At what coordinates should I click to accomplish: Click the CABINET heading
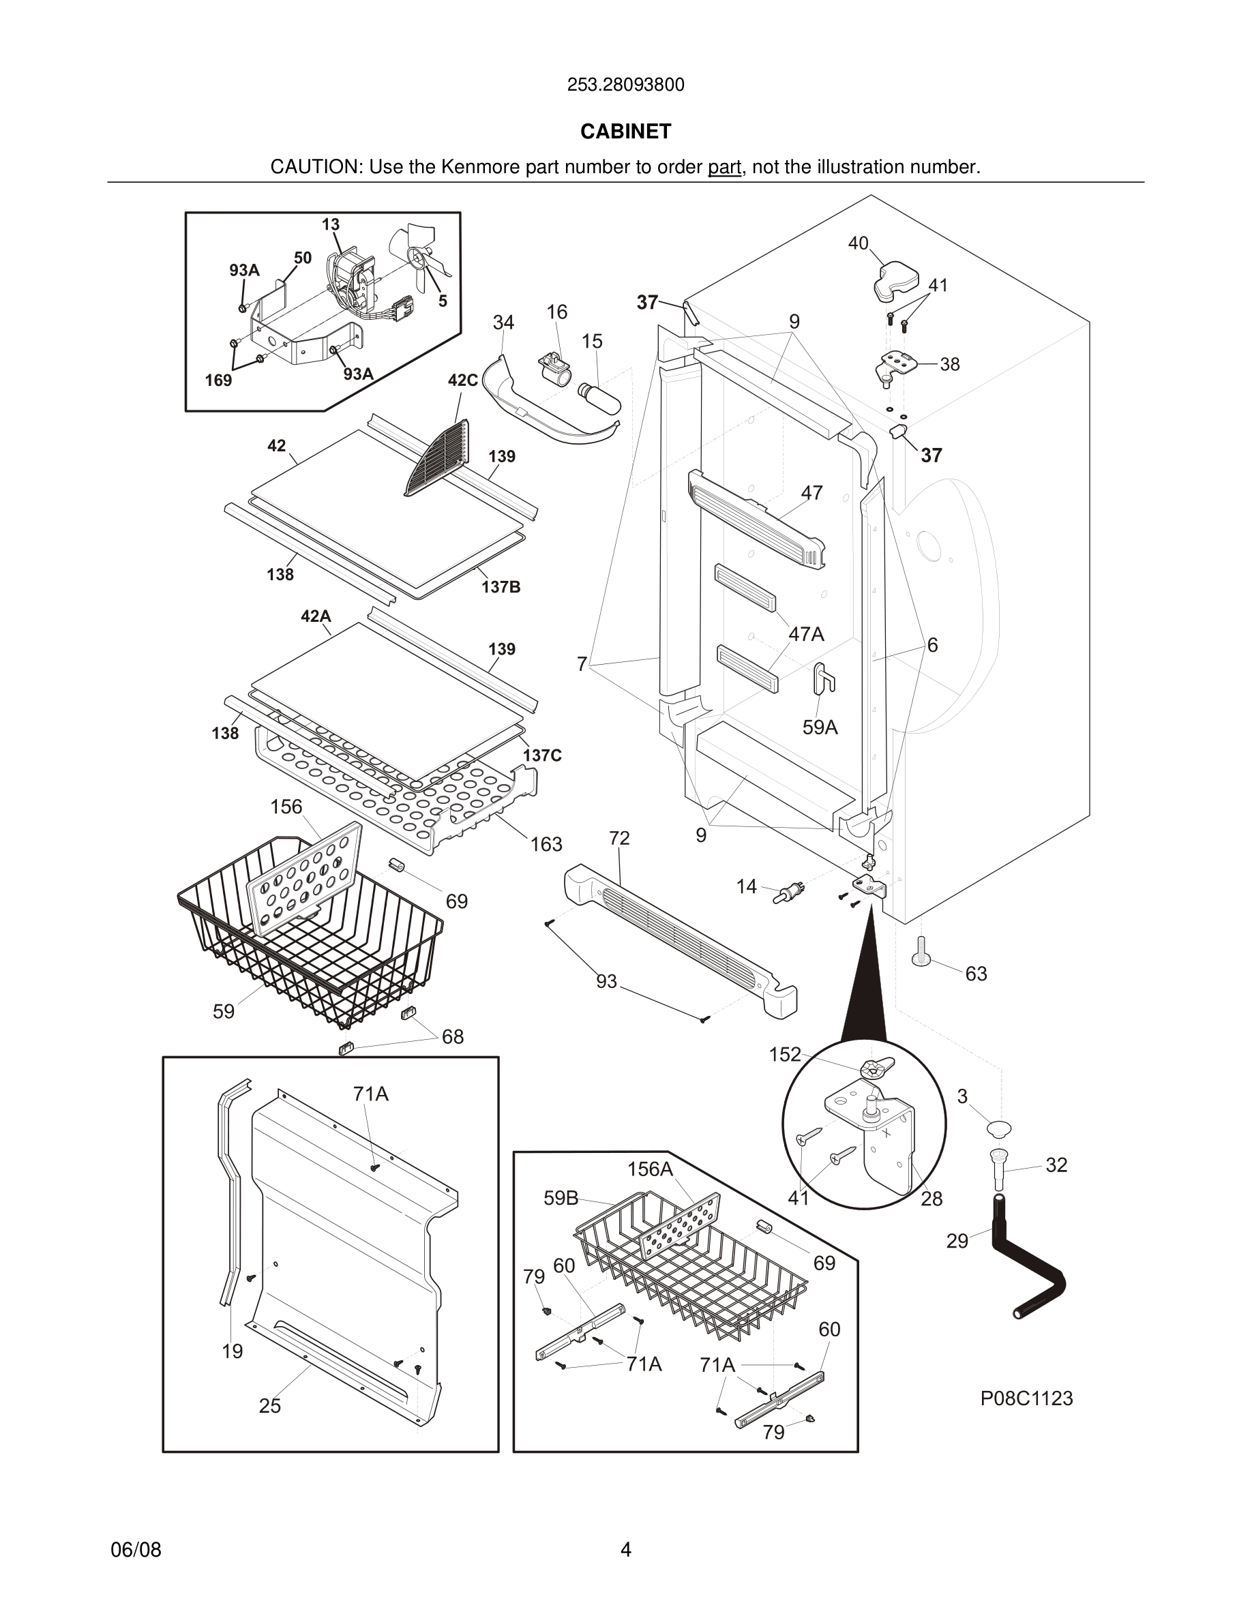[625, 132]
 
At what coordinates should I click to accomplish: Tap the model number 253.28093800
[625, 85]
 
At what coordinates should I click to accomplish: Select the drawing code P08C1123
[1026, 1398]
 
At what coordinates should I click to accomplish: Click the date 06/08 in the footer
[136, 1550]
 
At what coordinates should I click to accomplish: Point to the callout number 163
[546, 844]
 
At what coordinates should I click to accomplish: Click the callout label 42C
[462, 380]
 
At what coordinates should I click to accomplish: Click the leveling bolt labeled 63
[921, 950]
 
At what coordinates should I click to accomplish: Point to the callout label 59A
[820, 727]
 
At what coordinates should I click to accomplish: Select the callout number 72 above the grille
[619, 838]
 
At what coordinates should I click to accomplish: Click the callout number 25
[270, 1406]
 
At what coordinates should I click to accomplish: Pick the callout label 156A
[650, 1169]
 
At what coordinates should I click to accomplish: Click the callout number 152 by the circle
[785, 1054]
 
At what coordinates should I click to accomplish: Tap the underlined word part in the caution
[724, 168]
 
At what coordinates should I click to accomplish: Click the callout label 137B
[501, 588]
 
